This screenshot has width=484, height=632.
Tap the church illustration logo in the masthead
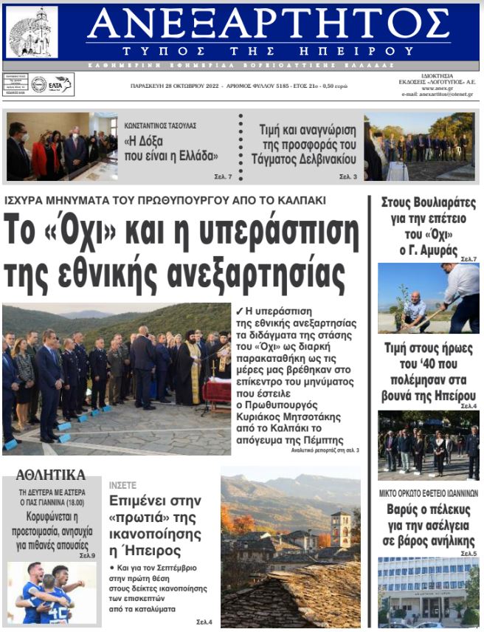point(32,32)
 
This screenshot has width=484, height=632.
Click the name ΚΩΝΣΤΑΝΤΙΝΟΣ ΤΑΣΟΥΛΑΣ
point(161,126)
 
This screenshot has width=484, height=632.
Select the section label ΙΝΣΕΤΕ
point(122,485)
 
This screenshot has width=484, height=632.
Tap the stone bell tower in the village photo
point(341,529)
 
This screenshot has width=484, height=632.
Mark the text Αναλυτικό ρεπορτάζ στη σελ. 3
point(325,450)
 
